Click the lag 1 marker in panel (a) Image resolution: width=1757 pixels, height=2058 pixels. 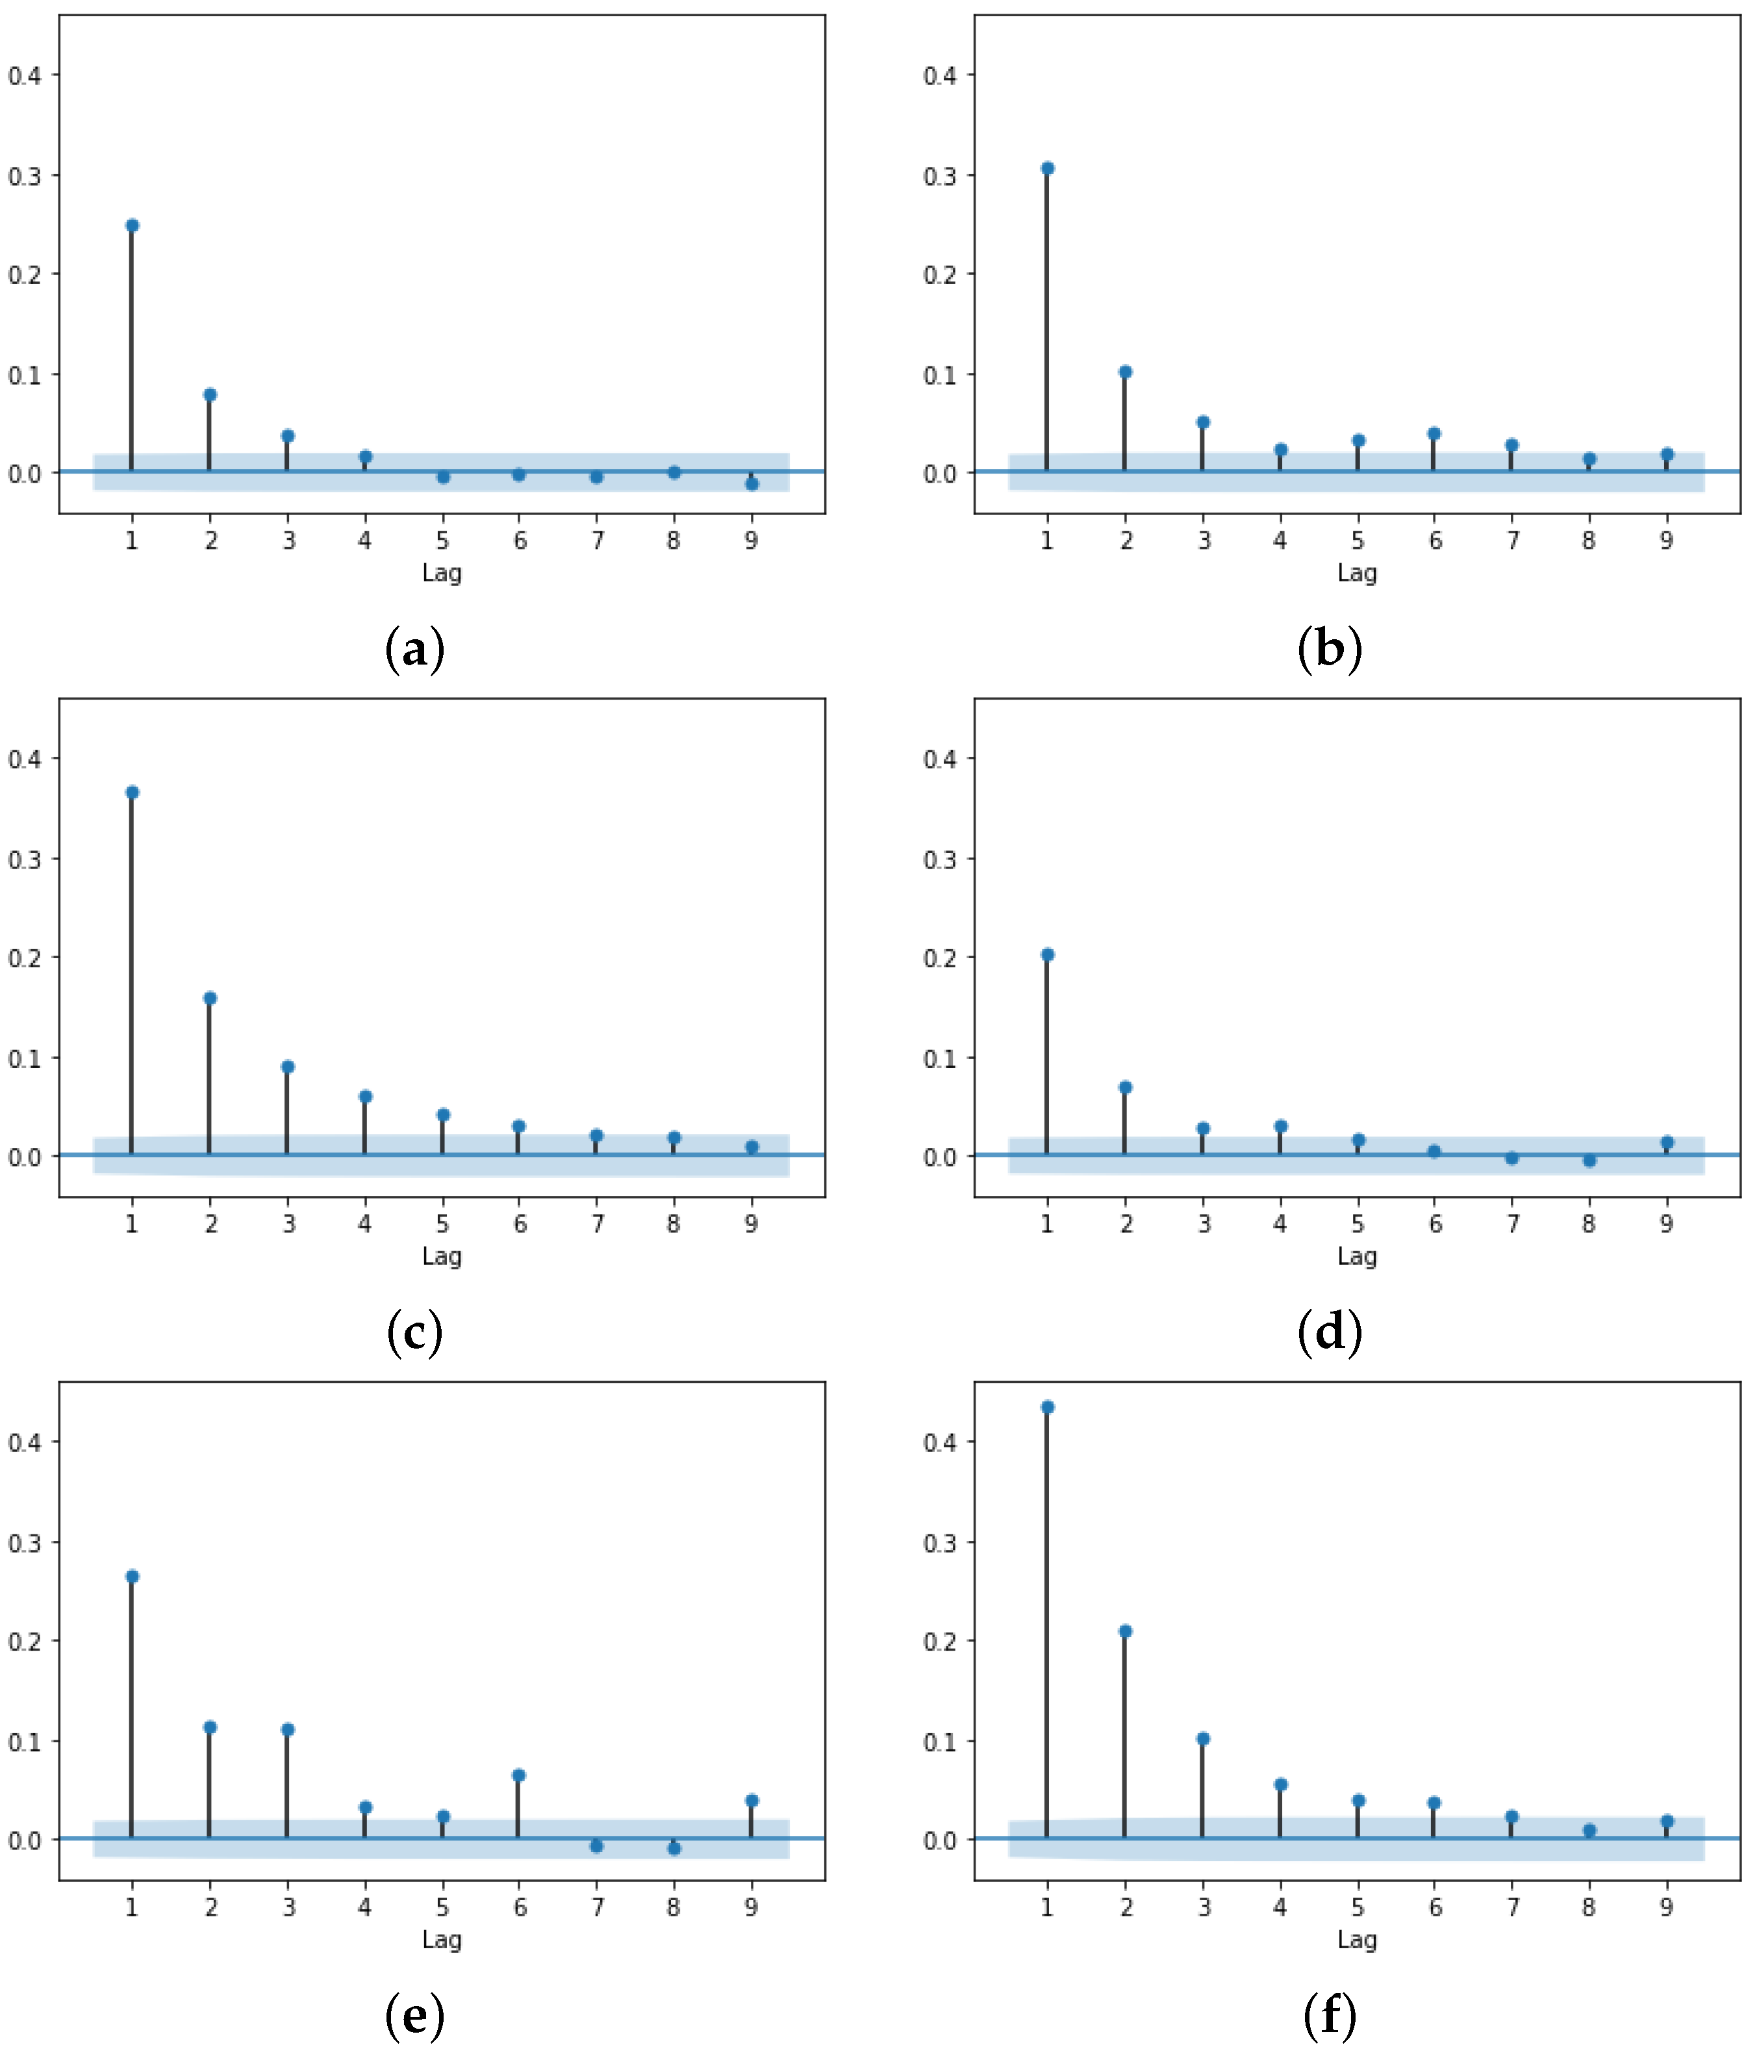coord(132,225)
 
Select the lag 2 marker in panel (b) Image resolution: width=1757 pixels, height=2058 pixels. coord(1125,372)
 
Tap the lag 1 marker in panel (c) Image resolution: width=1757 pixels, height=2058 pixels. coord(132,792)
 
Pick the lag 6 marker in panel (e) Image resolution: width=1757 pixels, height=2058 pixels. coord(518,1775)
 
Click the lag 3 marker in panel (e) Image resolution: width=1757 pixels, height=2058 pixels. coord(288,1729)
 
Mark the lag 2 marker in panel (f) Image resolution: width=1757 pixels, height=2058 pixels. coord(1125,1631)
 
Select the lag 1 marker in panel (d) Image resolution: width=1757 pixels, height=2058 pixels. coord(1048,954)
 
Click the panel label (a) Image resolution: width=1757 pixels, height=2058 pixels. coord(414,650)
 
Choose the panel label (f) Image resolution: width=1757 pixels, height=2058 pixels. coord(1330,2016)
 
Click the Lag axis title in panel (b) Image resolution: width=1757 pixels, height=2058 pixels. coord(1357,573)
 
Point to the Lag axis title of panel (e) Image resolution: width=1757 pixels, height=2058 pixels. coord(442,1940)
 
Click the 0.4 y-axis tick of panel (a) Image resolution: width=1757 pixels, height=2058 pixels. coord(25,75)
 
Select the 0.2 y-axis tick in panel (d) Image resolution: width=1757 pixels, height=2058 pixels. coord(940,958)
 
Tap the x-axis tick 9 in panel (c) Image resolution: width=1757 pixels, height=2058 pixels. coord(752,1225)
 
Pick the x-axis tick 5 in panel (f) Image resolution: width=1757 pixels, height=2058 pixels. coord(1358,1908)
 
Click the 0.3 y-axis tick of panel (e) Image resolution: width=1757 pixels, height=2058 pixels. coord(25,1542)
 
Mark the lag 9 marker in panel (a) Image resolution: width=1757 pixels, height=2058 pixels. coord(752,484)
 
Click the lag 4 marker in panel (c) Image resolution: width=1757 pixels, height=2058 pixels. coord(366,1097)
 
